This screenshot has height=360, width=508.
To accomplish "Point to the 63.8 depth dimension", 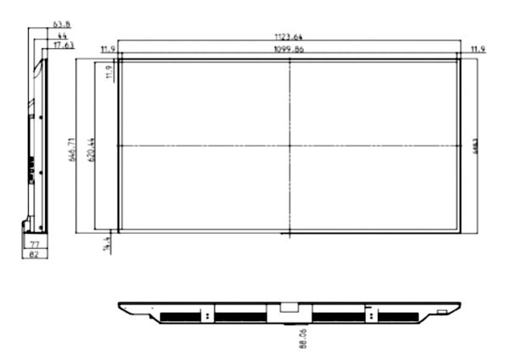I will (x=61, y=25).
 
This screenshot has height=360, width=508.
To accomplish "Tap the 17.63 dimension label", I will (x=63, y=45).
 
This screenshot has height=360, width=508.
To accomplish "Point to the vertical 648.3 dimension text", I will (x=472, y=146).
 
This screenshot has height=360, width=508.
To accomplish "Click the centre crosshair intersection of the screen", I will (x=290, y=146).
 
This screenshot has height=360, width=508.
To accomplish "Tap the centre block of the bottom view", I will (x=288, y=312).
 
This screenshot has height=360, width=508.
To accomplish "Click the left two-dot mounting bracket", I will (x=207, y=313).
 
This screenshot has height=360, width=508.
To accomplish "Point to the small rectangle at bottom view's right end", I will (x=443, y=312).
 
